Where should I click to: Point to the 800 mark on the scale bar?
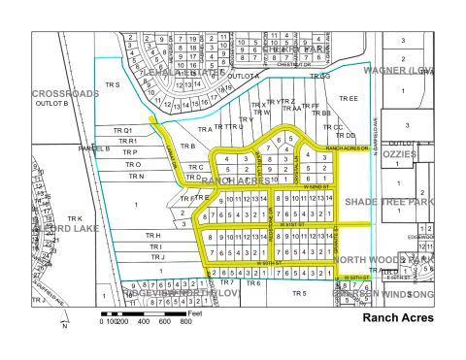tap(186, 320)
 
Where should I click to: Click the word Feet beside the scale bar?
tap(195, 313)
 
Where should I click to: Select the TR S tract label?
tap(112, 85)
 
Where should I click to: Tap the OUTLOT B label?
tap(51, 103)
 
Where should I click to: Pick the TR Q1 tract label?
tap(122, 130)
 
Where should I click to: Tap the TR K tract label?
tap(74, 219)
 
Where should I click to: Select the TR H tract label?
tap(151, 236)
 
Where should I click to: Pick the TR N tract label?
tap(135, 177)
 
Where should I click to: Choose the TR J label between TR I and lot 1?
tap(157, 257)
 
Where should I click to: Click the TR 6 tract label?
tap(253, 282)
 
